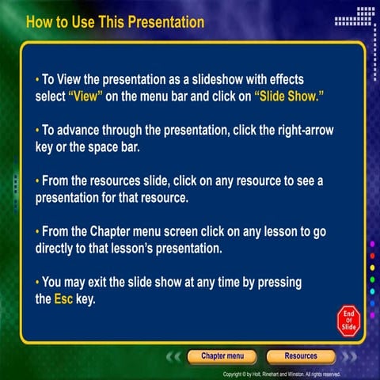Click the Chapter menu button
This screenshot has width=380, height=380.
222,356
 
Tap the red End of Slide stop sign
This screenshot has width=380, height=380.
348,319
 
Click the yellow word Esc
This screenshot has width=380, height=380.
63,300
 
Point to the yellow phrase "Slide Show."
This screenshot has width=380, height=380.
291,95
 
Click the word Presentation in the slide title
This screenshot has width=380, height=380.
162,22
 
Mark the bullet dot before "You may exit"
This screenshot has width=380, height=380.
37,282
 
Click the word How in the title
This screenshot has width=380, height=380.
40,22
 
